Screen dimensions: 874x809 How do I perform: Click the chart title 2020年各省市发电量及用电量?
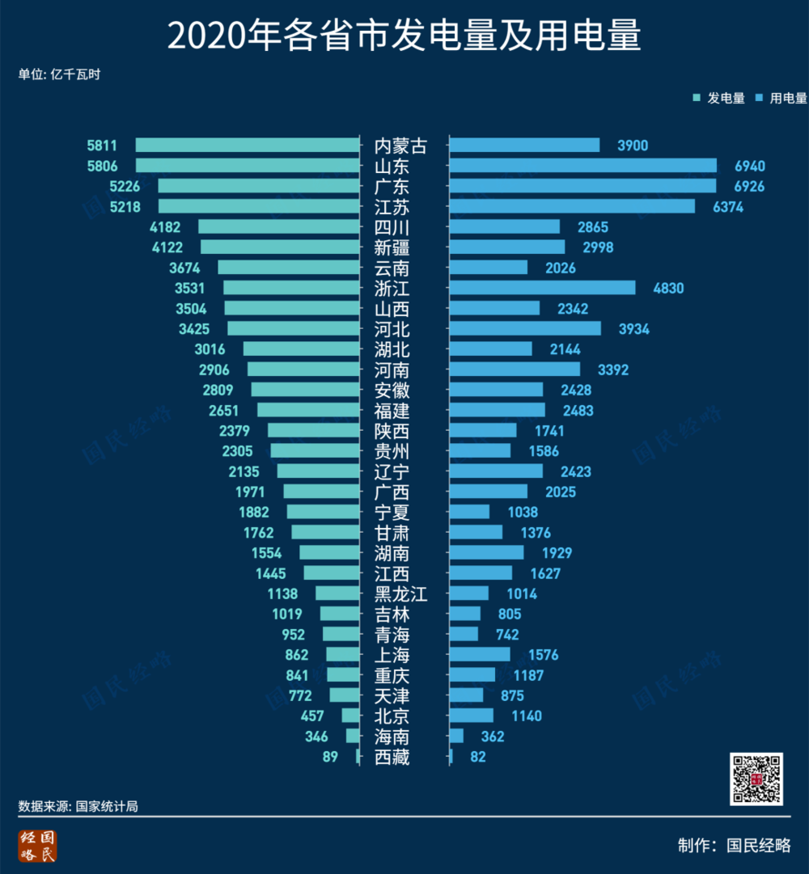(x=404, y=36)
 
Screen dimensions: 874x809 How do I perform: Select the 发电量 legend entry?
(x=719, y=99)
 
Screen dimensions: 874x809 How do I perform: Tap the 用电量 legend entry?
(x=781, y=99)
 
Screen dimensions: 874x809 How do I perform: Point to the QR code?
(x=756, y=779)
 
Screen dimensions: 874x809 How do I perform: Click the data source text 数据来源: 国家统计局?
(x=78, y=806)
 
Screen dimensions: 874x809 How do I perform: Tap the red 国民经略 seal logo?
(x=38, y=845)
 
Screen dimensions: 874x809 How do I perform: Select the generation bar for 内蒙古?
(x=247, y=146)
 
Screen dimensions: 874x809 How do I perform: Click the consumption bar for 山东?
(x=582, y=166)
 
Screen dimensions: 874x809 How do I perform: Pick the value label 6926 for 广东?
(x=749, y=186)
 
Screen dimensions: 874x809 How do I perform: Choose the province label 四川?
(x=392, y=227)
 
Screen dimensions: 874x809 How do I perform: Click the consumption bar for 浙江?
(x=542, y=288)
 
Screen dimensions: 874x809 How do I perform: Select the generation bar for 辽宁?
(x=318, y=471)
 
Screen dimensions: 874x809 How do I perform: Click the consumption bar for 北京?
(x=471, y=716)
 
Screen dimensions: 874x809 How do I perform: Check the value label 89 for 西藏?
(x=329, y=757)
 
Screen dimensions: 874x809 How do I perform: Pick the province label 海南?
(x=392, y=737)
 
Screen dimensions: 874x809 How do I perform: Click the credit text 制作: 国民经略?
(x=734, y=845)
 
